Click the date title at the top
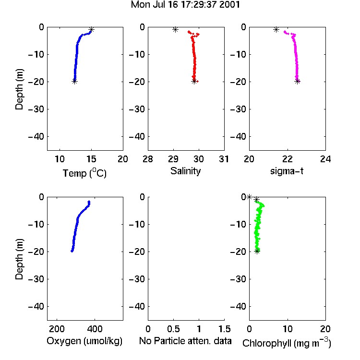click(185, 4)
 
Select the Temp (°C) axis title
click(84, 173)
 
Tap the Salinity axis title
click(185, 171)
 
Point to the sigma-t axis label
click(287, 171)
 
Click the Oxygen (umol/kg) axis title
click(84, 341)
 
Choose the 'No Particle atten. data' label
click(185, 341)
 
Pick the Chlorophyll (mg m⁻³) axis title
click(287, 343)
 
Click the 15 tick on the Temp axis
click(91, 159)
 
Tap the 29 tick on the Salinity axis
click(173, 159)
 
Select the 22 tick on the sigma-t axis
click(288, 159)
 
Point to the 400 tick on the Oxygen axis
click(95, 329)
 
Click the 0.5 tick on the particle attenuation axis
click(173, 329)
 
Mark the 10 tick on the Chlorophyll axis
click(288, 329)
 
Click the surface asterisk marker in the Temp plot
click(92, 29)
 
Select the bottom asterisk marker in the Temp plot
click(74, 81)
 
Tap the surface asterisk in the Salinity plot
click(175, 29)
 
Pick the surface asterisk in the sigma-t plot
click(276, 29)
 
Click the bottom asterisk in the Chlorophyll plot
click(257, 251)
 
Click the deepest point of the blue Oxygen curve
click(72, 251)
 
